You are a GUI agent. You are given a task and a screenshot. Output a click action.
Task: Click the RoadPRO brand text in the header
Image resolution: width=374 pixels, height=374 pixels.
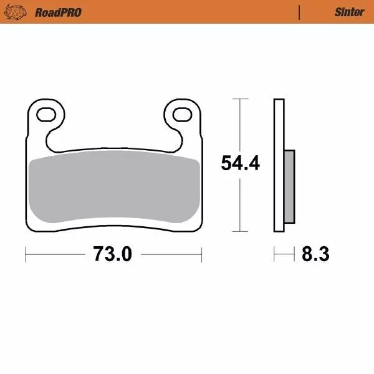(58, 12)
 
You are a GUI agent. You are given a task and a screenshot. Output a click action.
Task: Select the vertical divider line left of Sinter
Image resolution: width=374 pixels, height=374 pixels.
(300, 12)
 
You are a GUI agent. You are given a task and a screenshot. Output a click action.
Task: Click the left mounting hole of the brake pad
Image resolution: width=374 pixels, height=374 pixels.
(47, 114)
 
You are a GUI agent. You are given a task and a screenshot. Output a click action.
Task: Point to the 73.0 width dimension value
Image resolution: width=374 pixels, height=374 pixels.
(113, 254)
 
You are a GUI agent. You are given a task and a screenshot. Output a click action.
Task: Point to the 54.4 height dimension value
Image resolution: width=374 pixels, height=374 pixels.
(240, 163)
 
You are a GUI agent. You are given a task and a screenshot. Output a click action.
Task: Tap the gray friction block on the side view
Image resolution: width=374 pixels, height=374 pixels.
(289, 186)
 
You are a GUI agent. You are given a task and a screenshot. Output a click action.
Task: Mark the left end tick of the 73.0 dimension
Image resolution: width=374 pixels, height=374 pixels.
(26, 254)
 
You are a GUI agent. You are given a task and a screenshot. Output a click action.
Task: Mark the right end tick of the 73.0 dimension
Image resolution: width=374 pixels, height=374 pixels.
(201, 254)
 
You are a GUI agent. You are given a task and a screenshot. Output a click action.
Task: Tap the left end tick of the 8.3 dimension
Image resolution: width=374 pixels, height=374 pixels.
(274, 254)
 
